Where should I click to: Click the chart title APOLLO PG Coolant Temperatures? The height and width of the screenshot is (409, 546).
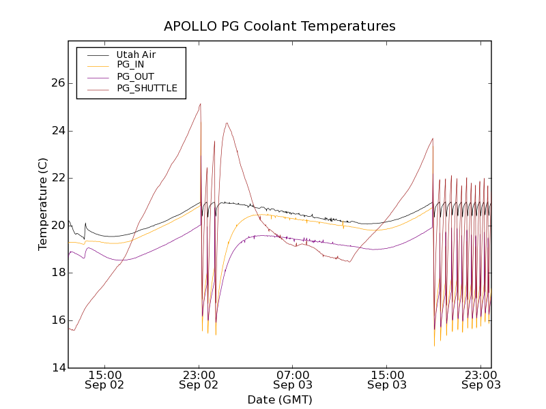click(x=279, y=27)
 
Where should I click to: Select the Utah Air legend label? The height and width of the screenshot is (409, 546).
click(x=136, y=55)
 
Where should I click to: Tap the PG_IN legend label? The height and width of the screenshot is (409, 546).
click(x=130, y=65)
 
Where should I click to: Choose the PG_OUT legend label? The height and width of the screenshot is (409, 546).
click(x=135, y=76)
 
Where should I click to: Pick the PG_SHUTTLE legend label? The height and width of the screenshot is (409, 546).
click(x=147, y=88)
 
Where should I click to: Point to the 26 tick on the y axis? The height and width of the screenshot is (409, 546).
click(x=57, y=83)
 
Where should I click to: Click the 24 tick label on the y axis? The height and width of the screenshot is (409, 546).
click(x=57, y=131)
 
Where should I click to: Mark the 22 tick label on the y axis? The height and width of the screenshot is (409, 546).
click(x=57, y=178)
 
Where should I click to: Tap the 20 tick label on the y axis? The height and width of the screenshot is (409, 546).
click(x=57, y=226)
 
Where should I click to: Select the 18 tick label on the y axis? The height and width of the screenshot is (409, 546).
click(x=57, y=273)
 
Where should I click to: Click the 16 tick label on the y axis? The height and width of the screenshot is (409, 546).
click(x=57, y=320)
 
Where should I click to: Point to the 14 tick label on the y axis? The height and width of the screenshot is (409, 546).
click(x=57, y=368)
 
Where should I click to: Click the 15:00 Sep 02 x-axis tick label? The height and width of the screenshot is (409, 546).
click(x=105, y=379)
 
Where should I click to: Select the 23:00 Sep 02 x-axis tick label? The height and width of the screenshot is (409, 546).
click(x=199, y=379)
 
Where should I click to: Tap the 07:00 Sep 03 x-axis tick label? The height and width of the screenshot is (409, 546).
click(x=293, y=379)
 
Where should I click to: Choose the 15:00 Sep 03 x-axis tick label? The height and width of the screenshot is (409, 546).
click(x=387, y=379)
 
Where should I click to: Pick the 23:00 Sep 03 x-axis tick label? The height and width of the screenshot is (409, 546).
click(x=481, y=379)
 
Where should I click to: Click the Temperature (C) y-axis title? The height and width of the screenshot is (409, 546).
click(x=43, y=204)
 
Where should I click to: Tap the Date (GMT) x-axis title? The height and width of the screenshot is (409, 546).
click(x=279, y=399)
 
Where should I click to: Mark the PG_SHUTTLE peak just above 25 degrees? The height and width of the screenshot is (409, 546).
click(x=200, y=104)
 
